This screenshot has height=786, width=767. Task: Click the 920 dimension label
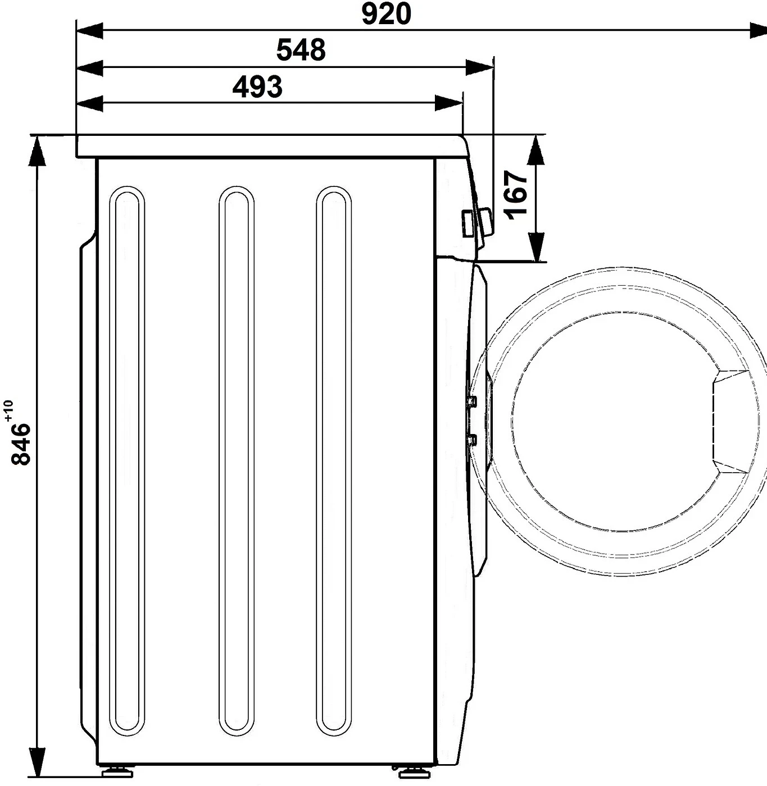[x=386, y=13]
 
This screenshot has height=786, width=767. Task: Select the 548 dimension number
[x=301, y=50]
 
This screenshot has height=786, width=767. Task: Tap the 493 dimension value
[x=257, y=86]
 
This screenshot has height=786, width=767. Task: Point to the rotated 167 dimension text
[x=517, y=195]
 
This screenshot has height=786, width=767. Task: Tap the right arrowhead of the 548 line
[x=479, y=67]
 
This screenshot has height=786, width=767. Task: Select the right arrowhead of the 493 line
[x=448, y=103]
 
